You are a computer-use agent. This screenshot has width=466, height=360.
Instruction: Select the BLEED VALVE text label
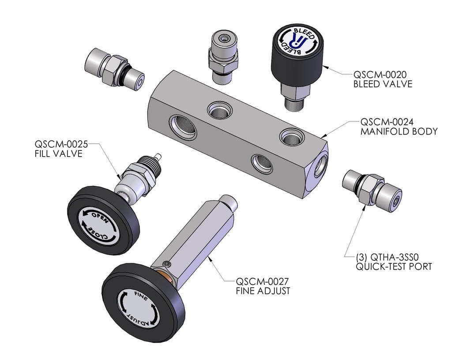pyautogui.click(x=383, y=83)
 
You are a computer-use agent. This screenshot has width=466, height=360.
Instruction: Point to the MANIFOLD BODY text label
pyautogui.click(x=399, y=131)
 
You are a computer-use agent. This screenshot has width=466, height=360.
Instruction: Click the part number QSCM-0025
pyautogui.click(x=62, y=144)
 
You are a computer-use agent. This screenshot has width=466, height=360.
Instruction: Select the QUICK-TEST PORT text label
pyautogui.click(x=388, y=266)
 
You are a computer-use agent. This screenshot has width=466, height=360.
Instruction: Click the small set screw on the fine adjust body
pyautogui.click(x=166, y=264)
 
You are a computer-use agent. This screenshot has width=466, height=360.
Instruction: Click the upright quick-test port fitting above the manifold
pyautogui.click(x=223, y=56)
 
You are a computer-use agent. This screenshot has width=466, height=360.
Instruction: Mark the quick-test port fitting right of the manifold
pyautogui.click(x=372, y=188)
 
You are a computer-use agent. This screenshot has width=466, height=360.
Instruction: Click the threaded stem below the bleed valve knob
pyautogui.click(x=294, y=101)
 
